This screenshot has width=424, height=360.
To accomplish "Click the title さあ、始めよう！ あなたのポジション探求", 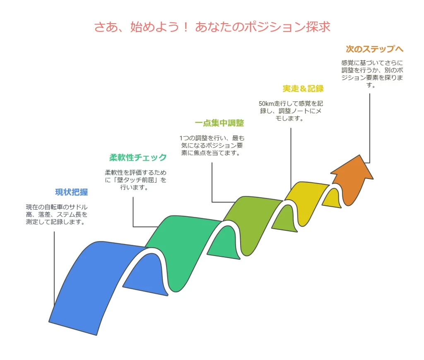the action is pyautogui.click(x=212, y=27).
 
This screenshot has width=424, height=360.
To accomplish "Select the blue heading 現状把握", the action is pyautogui.click(x=71, y=192).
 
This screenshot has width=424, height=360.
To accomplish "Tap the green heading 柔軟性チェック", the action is pyautogui.click(x=138, y=157).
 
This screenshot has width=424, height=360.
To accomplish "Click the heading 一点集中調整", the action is pyautogui.click(x=219, y=123).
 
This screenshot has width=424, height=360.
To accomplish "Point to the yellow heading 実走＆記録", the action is pyautogui.click(x=303, y=88).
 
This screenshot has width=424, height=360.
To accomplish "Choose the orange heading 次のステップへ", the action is pyautogui.click(x=374, y=49).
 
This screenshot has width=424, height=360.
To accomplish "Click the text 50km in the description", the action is pyautogui.click(x=266, y=104).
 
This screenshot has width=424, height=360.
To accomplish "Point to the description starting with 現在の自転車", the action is pyautogui.click(x=57, y=215).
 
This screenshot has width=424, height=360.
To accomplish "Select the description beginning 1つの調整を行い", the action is pyautogui.click(x=212, y=145).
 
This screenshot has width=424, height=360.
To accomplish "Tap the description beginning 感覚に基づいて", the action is pyautogui.click(x=372, y=74).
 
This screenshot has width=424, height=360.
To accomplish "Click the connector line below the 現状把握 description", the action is pyautogui.click(x=54, y=268).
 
